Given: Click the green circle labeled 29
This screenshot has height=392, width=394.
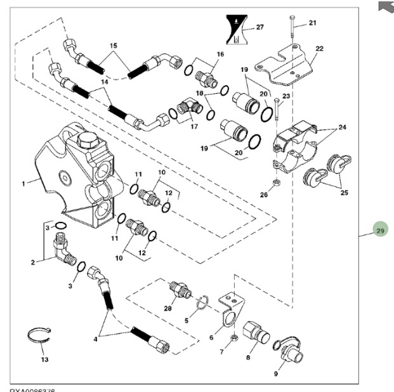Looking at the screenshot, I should (380, 231).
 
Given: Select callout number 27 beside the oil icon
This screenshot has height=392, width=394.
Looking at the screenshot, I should (259, 27).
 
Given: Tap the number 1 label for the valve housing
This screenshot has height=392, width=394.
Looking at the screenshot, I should (24, 184).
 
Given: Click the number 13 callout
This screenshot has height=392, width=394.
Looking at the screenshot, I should (44, 360).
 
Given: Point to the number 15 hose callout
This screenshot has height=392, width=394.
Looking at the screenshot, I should (114, 46).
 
